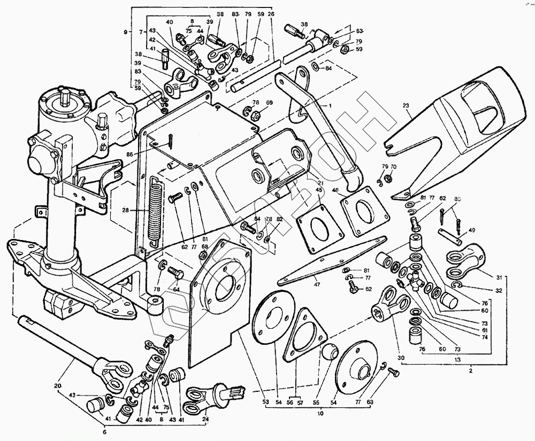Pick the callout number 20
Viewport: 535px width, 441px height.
click(58, 385)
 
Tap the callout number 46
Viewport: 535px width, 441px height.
click(334, 189)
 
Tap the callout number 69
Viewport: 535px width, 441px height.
click(270, 103)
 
